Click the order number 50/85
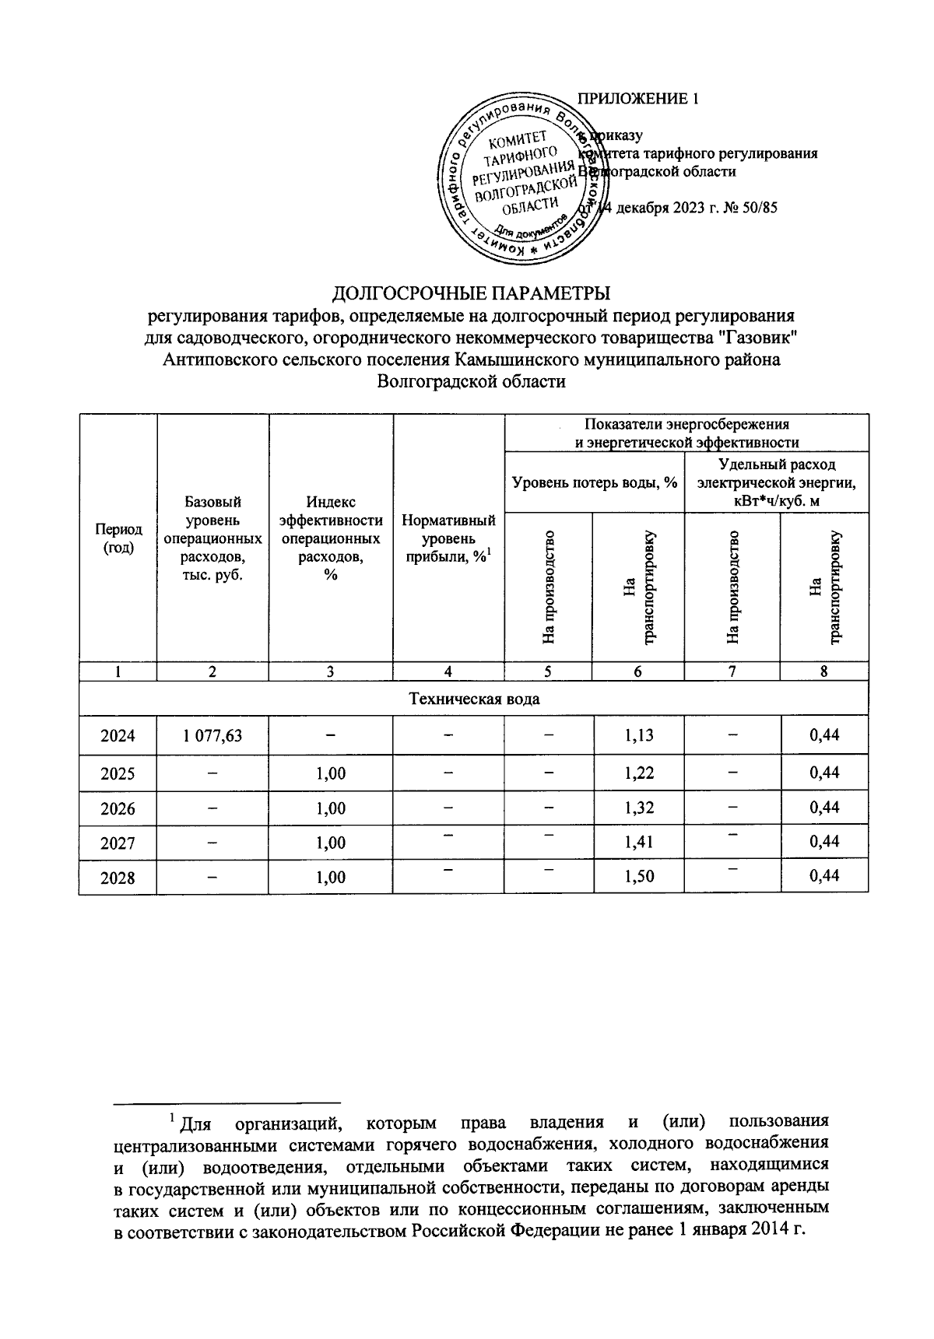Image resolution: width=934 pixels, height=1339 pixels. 758,208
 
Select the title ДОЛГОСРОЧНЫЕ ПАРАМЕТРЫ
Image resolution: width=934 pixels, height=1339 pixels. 472,293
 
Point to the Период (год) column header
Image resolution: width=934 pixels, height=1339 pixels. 118,538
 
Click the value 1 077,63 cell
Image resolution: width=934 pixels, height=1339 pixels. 212,735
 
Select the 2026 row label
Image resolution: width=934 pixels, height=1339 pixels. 118,808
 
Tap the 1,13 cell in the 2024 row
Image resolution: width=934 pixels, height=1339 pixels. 638,735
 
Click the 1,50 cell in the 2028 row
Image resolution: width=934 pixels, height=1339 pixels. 638,877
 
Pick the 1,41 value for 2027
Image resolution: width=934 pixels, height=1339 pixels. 638,842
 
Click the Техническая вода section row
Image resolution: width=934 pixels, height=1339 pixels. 474,699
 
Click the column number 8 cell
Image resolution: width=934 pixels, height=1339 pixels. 823,671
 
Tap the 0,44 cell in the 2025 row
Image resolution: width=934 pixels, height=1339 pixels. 824,773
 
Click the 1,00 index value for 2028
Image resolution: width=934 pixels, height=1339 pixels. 331,877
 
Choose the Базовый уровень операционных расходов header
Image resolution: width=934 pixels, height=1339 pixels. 212,538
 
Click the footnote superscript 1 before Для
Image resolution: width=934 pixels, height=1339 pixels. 173,1119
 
